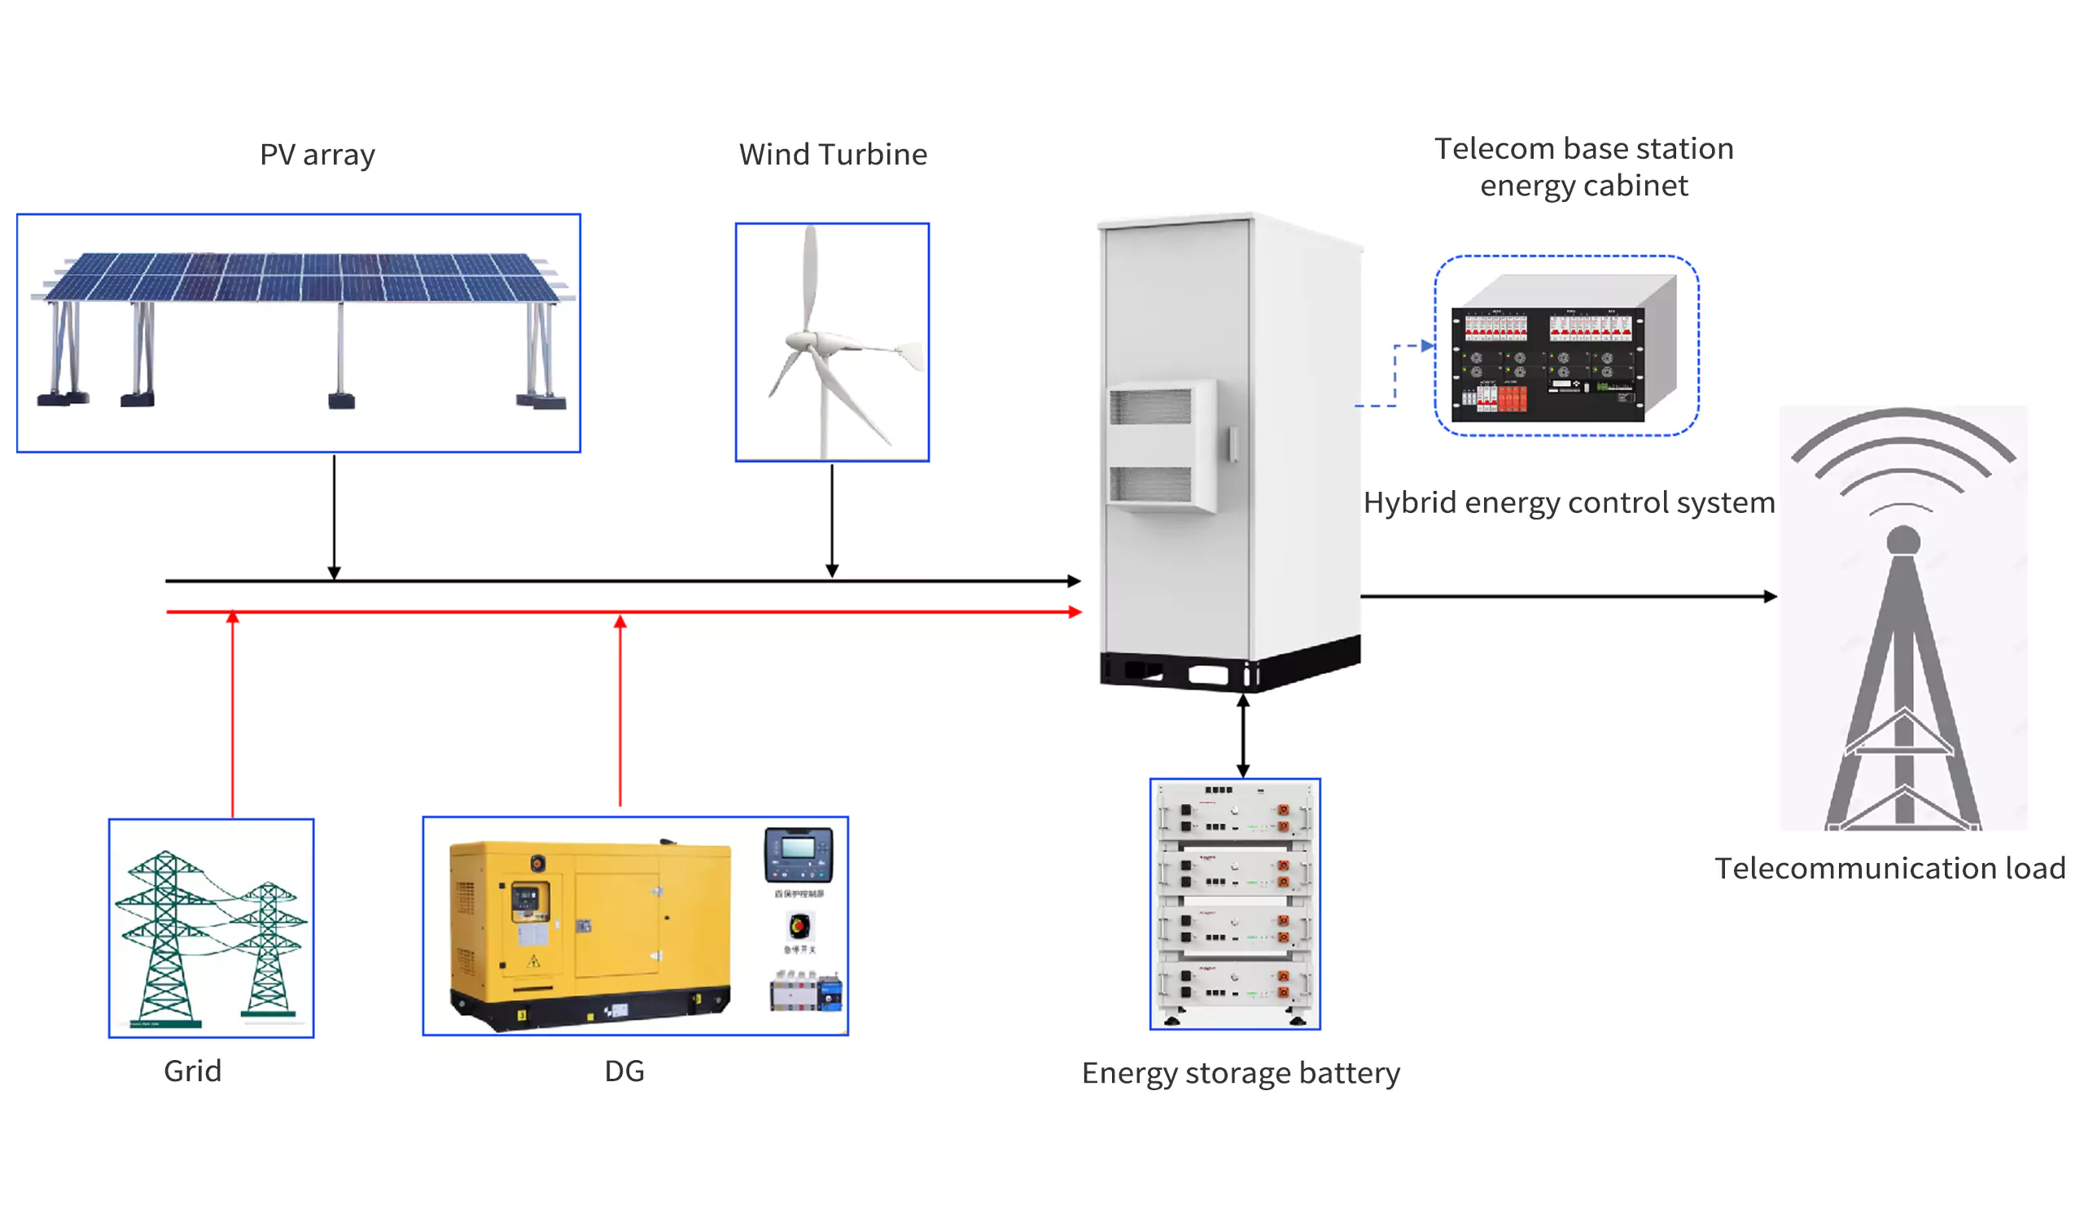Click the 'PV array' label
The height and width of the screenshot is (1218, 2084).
point(317,156)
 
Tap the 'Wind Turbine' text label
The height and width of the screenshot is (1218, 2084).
point(833,156)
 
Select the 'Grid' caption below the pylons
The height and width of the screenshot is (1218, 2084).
point(193,1071)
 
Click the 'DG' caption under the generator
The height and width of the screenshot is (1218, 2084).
point(624,1071)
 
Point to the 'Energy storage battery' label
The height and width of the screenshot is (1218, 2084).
point(1241,1073)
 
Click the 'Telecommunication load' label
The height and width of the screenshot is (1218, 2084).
point(1889,869)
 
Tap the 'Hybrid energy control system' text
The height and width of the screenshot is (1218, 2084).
point(1569,502)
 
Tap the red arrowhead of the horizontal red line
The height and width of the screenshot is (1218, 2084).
point(1075,612)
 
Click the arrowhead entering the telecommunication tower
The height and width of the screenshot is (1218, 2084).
point(1770,596)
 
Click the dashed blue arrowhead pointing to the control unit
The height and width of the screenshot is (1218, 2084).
point(1427,346)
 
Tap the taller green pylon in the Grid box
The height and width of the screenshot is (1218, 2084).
point(165,939)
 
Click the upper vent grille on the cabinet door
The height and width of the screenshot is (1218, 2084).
point(1149,407)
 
